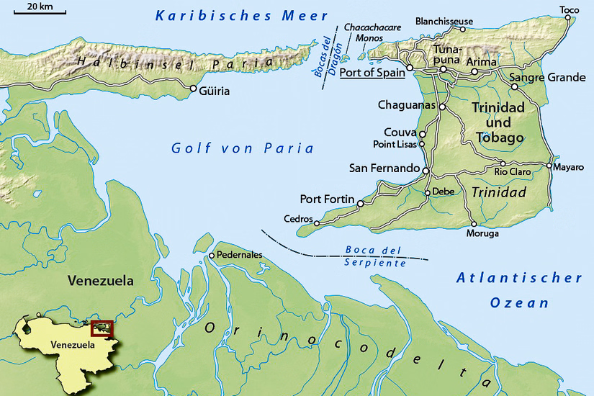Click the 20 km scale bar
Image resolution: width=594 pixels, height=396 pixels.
coord(39,13)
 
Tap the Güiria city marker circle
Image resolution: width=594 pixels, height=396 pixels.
coord(193,89)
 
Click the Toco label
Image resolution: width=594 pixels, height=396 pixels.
coord(569,9)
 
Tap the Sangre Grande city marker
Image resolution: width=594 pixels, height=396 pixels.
coord(515,87)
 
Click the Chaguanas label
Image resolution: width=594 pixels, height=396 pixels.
coord(408,105)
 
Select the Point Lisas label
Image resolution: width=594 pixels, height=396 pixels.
coord(395,144)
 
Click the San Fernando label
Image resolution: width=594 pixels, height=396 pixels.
coord(384,168)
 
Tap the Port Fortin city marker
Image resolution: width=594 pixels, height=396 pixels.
coord(361,203)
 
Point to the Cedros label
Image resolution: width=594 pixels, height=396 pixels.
coord(298,219)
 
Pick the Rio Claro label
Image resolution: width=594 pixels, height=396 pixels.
coord(512,172)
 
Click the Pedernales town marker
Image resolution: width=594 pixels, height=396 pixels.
coord(211,255)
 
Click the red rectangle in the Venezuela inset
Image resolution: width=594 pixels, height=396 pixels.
coord(102,328)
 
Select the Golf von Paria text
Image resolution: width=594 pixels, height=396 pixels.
coord(243,148)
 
